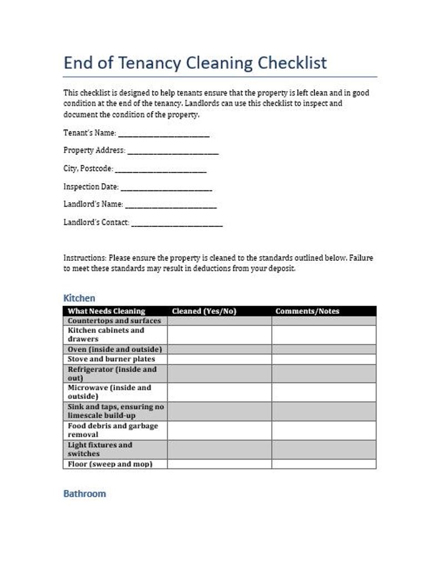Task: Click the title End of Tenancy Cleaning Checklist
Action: coord(195,63)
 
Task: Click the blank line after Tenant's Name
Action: coord(164,134)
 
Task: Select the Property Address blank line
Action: coord(173,152)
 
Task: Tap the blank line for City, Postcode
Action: coord(161,170)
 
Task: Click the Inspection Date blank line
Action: coord(166,188)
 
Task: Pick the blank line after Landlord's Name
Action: coord(171,206)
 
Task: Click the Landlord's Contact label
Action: coord(96,223)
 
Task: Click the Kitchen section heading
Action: coord(79,298)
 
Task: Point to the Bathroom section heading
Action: coord(84,493)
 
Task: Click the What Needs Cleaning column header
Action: coord(106,311)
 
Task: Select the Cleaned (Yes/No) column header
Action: coord(204,311)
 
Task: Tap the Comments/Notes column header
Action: coord(307,311)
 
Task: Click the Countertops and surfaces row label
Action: coord(114,321)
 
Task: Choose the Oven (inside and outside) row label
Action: coord(114,350)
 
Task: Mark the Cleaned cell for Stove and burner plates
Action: coord(219,359)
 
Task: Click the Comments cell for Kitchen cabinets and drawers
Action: coord(323,335)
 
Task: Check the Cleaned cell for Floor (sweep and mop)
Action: coord(219,464)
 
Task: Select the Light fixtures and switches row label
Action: coord(100,449)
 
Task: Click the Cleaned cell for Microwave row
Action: coord(219,392)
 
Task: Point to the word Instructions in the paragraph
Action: coord(84,258)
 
